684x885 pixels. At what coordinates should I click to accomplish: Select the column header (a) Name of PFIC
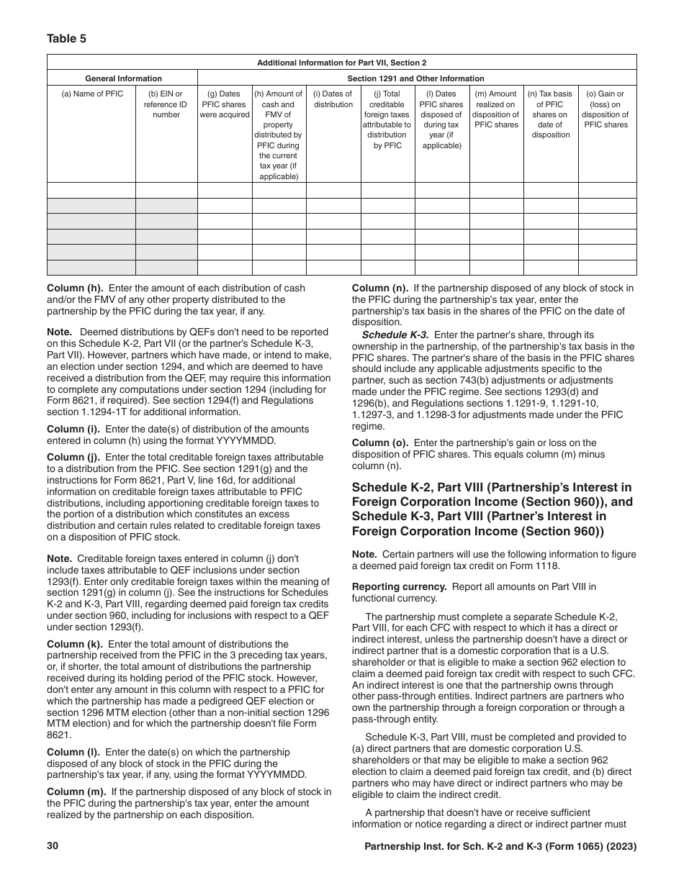(92, 94)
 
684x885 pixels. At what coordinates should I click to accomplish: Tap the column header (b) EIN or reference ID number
(166, 104)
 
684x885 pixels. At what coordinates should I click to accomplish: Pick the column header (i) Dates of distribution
(333, 99)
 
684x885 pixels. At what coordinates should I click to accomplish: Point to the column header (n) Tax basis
(550, 114)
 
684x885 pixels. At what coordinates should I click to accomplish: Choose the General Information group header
(123, 78)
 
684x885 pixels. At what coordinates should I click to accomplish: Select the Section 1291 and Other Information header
(415, 78)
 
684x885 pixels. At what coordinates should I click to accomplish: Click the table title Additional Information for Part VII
(341, 63)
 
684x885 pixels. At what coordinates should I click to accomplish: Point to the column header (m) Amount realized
(495, 109)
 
